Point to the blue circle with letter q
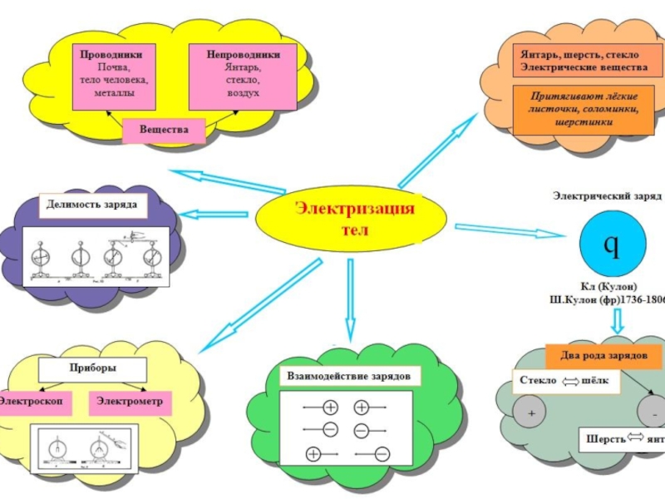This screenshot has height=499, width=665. coord(610,245)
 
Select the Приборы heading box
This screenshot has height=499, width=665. coord(93,367)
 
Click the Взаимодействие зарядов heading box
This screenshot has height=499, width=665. coord(348,376)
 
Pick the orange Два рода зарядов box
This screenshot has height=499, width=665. coord(603,355)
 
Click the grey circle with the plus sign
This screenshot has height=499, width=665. coord(530,413)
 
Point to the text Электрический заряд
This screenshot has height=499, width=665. coord(607,196)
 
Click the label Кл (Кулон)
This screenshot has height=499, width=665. coord(609,286)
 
